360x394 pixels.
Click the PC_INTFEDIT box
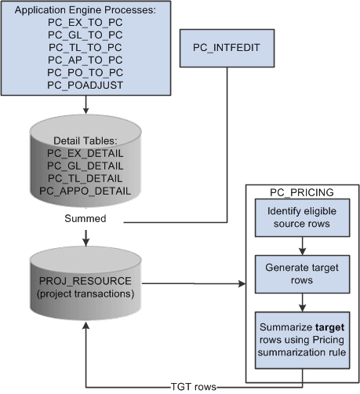pos(226,49)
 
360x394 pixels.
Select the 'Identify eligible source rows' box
pos(301,216)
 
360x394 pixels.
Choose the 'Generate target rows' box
pos(301,272)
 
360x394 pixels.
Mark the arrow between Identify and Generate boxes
pos(301,243)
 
